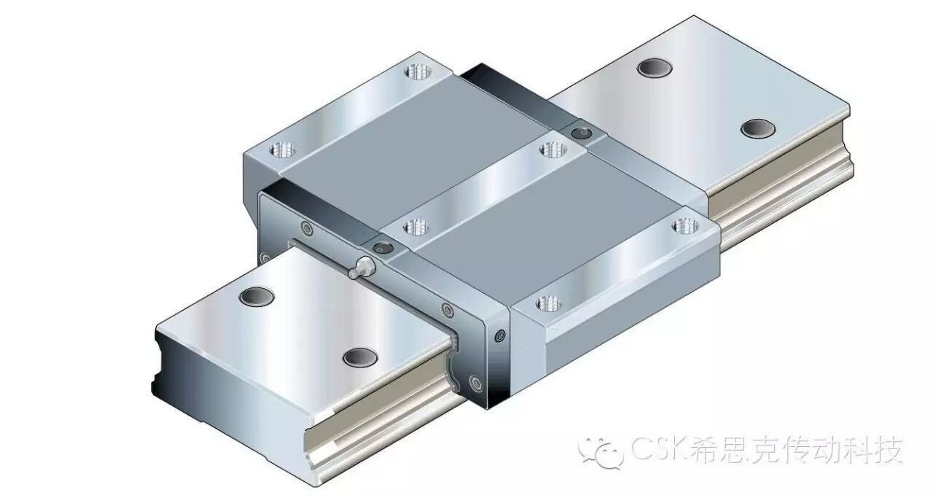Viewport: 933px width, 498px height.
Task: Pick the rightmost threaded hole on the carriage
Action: (x=686, y=227)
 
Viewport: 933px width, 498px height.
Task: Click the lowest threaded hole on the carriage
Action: (x=548, y=303)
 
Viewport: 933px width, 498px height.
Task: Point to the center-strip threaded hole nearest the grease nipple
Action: (x=415, y=227)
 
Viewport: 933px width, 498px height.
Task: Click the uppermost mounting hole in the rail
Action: (x=655, y=67)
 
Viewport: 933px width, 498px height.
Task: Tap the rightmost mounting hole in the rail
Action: (x=758, y=128)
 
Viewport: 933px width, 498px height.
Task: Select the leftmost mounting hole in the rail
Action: (x=257, y=295)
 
